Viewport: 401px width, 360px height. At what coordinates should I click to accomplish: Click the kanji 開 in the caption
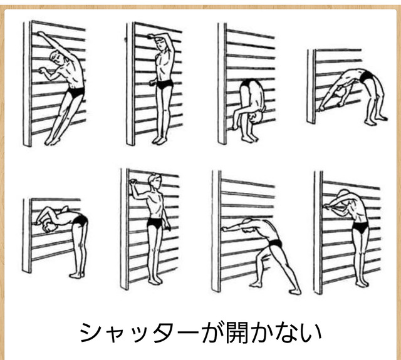[237, 332]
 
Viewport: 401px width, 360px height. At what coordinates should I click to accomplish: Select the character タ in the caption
[163, 332]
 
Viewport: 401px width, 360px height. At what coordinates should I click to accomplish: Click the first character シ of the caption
[90, 332]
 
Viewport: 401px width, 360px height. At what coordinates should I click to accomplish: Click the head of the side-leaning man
[57, 58]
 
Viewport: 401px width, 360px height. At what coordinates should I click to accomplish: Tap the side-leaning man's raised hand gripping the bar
[40, 33]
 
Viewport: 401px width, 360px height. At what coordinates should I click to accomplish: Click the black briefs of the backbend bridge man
[366, 76]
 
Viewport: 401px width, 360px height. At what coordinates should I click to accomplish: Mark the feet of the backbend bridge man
[375, 120]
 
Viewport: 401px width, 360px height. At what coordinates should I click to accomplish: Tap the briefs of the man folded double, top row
[249, 83]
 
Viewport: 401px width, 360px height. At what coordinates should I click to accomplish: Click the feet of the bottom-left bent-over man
[76, 275]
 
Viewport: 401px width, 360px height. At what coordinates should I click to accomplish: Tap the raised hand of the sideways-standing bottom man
[133, 182]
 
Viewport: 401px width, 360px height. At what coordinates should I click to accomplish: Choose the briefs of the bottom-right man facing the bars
[360, 227]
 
